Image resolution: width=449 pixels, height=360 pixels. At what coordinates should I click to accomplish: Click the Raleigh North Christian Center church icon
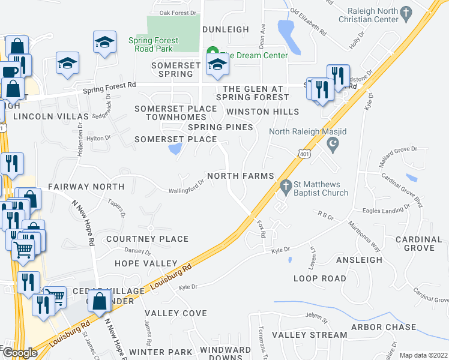coord(406,12)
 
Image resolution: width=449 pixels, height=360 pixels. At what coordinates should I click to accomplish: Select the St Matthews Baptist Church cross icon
coord(286,188)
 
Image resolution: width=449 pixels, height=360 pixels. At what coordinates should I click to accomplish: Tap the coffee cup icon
coord(8,72)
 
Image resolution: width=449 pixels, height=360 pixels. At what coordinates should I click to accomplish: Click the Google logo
coord(19,352)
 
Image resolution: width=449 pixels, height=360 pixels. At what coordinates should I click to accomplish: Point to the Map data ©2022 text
coord(423,355)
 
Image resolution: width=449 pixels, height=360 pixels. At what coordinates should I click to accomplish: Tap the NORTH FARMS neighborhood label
coord(240,176)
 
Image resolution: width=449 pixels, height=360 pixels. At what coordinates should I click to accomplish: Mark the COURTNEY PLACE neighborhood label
coord(147,239)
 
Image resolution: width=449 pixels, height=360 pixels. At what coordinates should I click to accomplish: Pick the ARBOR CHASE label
coord(384,327)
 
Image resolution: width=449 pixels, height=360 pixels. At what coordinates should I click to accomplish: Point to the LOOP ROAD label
coord(319,278)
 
